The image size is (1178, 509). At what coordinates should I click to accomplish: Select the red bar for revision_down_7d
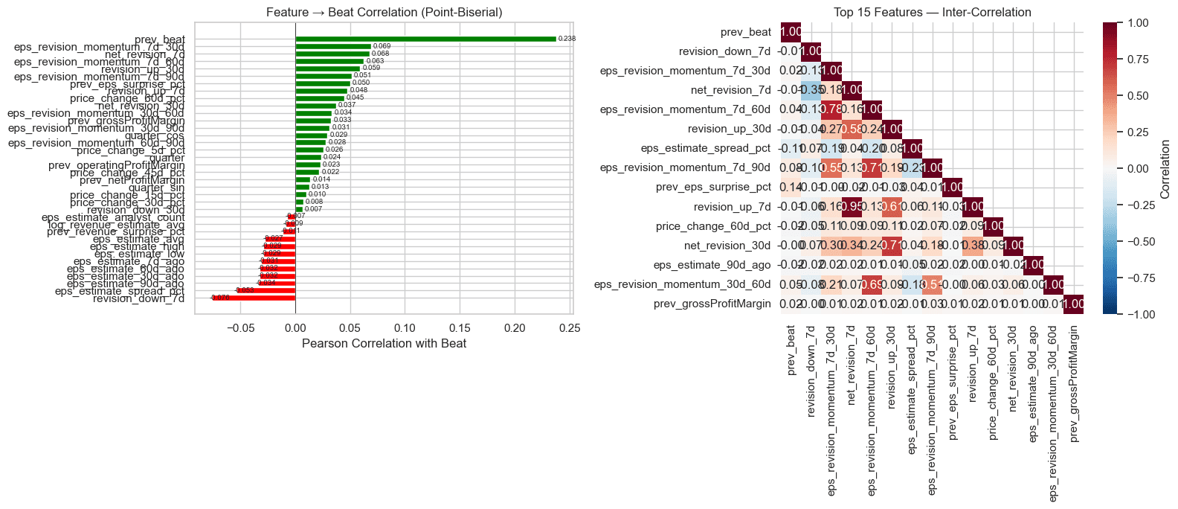(x=254, y=298)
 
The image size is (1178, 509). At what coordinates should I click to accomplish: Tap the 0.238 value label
(x=567, y=39)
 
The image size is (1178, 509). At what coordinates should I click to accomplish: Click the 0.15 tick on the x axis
(x=460, y=328)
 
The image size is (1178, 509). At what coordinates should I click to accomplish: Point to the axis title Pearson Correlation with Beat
(x=384, y=343)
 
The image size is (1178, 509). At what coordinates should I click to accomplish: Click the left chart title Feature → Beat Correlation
(x=384, y=13)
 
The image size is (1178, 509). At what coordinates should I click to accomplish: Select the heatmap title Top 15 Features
(x=932, y=13)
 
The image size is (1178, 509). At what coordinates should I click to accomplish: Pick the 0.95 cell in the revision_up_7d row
(x=851, y=207)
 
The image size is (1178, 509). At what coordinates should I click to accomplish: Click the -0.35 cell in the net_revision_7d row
(x=811, y=91)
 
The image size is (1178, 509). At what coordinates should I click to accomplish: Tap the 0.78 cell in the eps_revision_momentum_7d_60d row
(x=831, y=110)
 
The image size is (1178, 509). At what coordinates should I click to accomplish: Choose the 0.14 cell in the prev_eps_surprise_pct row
(x=791, y=188)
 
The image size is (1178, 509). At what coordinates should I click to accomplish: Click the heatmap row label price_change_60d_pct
(x=713, y=226)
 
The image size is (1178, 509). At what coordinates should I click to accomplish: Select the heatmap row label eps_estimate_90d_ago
(x=712, y=265)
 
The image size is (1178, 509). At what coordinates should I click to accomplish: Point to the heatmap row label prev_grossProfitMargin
(x=712, y=304)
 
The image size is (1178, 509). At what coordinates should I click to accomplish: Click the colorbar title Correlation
(x=1165, y=169)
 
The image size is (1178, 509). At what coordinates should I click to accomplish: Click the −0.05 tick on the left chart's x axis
(x=240, y=328)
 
